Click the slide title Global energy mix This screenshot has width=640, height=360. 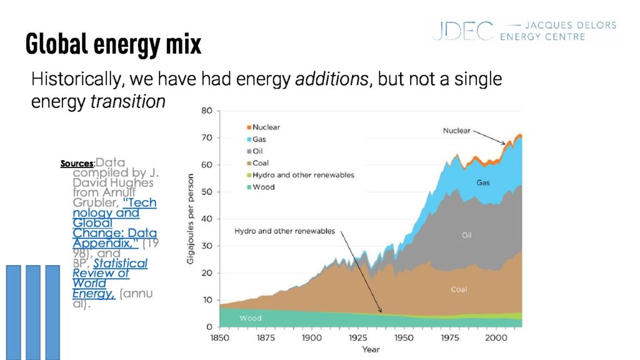(x=113, y=44)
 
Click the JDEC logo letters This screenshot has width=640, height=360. (x=462, y=31)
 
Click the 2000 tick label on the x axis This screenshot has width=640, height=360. (x=494, y=337)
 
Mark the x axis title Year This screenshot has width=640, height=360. (x=371, y=349)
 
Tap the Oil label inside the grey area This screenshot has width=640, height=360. (x=466, y=236)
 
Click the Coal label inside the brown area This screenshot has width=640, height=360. (x=459, y=289)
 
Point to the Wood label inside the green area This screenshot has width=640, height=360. (x=250, y=318)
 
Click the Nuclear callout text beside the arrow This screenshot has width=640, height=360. (x=457, y=131)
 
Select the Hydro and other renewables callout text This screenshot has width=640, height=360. (x=284, y=231)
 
